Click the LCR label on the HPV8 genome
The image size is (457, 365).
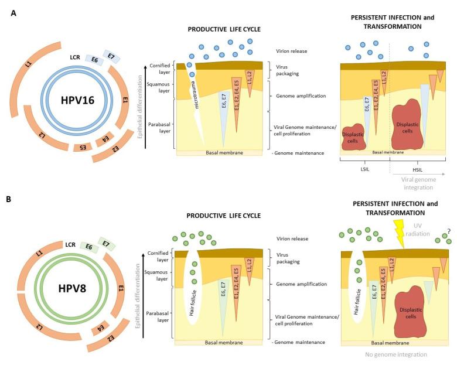tap(70, 243)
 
